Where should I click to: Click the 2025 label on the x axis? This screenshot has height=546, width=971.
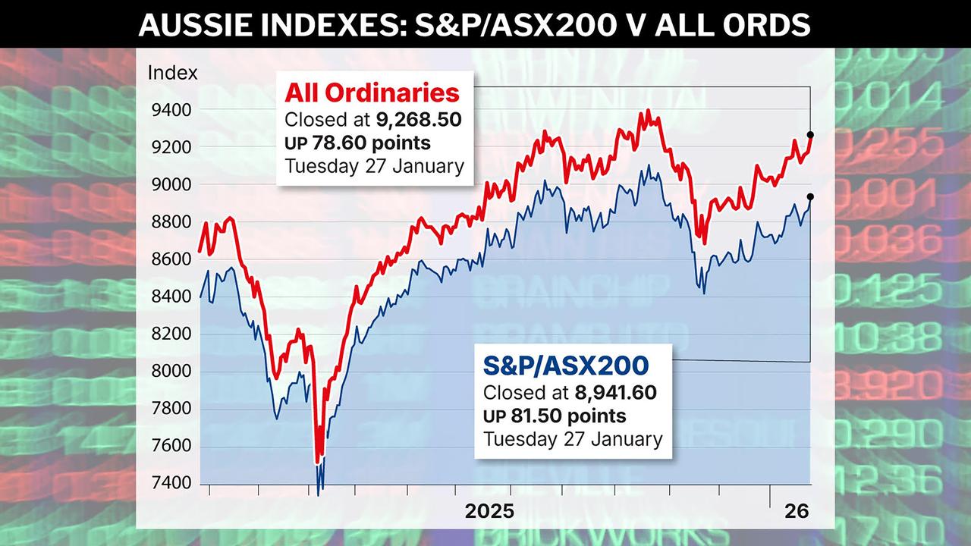tap(489, 511)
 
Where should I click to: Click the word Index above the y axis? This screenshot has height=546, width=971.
tap(172, 74)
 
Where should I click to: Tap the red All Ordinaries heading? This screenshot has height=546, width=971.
tap(372, 93)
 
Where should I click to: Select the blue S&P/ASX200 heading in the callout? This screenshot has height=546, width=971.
tap(566, 366)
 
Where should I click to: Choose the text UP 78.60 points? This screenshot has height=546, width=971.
tap(357, 143)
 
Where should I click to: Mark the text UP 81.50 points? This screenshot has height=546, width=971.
tap(555, 416)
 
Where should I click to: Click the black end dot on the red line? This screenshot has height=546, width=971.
tap(810, 135)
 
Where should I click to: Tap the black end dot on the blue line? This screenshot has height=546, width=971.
tap(810, 197)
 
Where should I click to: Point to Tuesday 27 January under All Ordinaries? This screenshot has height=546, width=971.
tap(374, 166)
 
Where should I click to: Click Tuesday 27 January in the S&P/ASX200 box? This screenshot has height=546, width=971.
tap(573, 438)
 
